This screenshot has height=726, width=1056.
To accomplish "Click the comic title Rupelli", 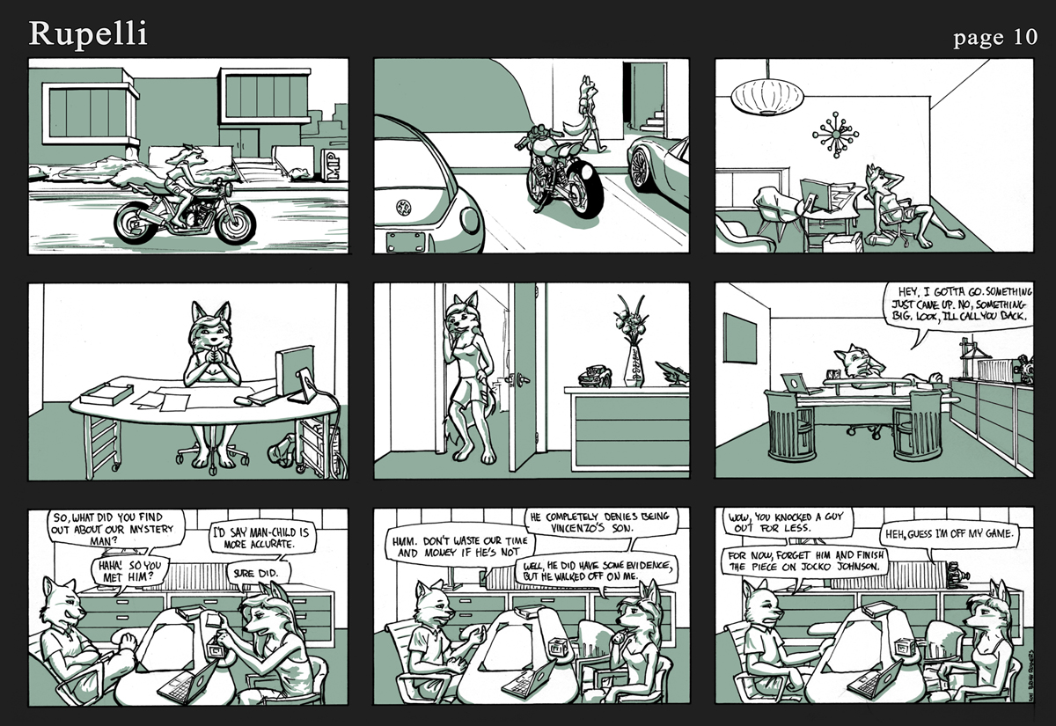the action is pos(88,34).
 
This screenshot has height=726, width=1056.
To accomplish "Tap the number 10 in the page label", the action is pos(1022,37).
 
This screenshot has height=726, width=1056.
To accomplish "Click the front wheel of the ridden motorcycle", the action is pos(235,224).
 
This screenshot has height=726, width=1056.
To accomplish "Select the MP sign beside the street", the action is pos(334,165).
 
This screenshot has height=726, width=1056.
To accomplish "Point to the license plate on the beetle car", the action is pos(405,242).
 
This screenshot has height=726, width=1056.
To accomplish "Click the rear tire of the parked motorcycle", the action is pos(587,189).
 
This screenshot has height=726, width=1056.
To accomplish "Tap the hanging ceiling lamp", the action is pos(767,97).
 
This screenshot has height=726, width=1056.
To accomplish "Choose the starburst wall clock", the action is pos(835,135).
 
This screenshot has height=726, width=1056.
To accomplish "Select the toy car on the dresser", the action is pos(595,377).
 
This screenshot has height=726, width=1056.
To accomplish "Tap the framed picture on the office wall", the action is pos(740,338).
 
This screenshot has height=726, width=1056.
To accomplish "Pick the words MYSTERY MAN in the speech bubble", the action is pos(121,536).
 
